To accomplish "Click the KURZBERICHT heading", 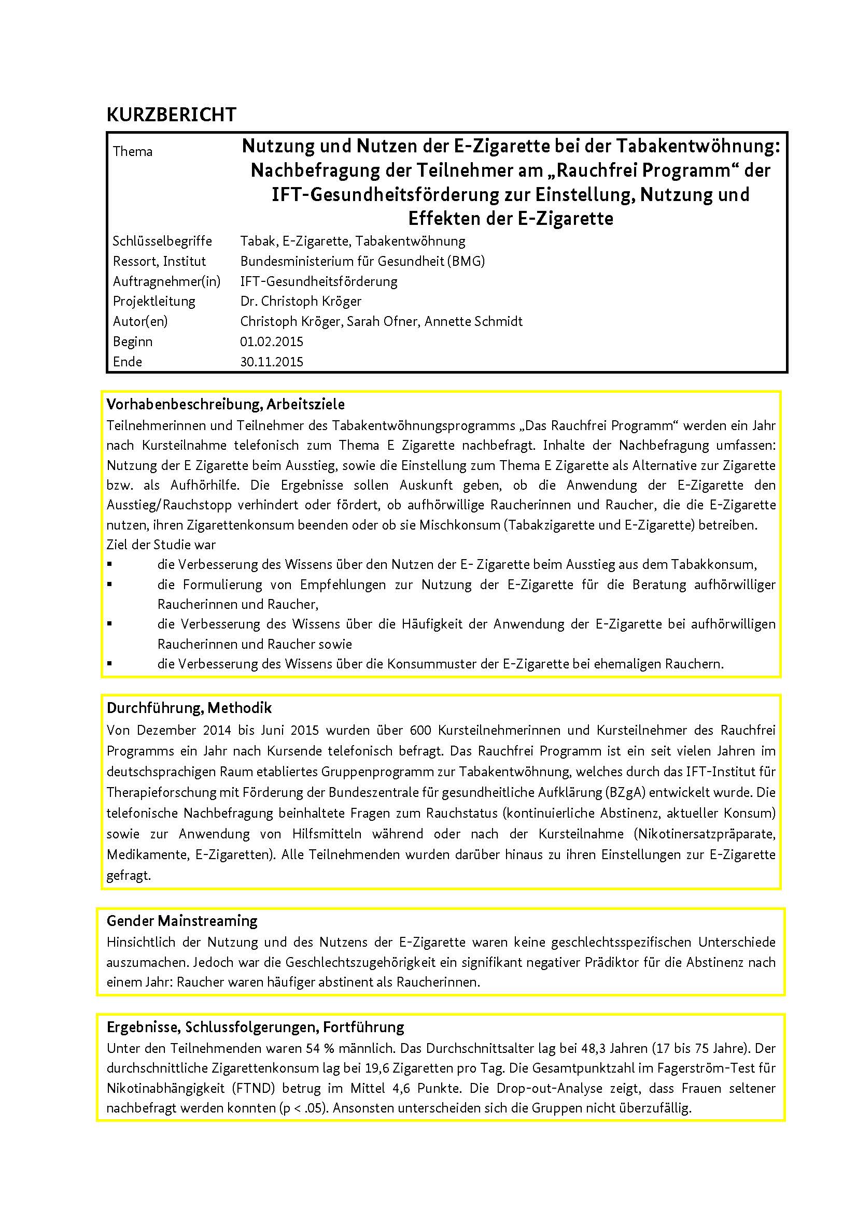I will click(171, 115).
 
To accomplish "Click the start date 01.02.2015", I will click(272, 341).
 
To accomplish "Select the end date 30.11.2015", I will click(272, 362).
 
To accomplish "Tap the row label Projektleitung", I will click(153, 302).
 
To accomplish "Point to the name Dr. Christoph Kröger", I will click(301, 302).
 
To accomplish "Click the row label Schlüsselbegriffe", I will click(162, 241).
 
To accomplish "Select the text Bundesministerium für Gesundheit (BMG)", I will click(362, 261).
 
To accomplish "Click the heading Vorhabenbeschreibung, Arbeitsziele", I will click(226, 404).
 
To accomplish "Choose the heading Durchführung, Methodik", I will click(189, 708).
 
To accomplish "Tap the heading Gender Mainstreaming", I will click(181, 921).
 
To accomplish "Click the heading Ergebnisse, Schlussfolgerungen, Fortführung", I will click(255, 1026).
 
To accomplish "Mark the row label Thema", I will click(133, 151).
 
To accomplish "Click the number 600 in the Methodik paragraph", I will click(420, 731).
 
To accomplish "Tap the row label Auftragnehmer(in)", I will click(166, 281).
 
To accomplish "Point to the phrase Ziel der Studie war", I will click(161, 545).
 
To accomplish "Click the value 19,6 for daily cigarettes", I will click(378, 1068).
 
